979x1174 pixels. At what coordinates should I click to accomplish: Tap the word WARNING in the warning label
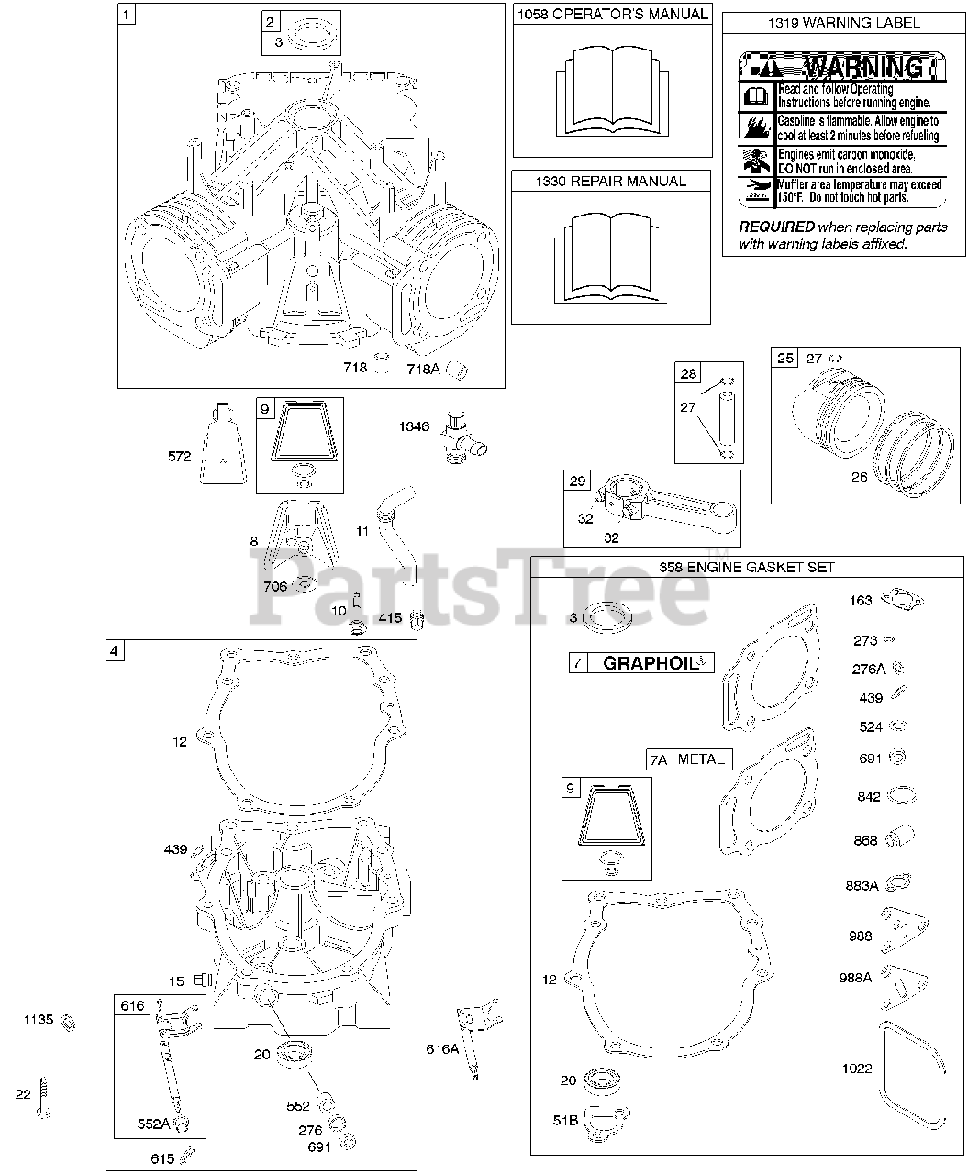click(863, 67)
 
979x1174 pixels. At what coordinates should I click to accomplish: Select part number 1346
click(414, 426)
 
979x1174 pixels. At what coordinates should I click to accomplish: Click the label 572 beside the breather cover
click(180, 456)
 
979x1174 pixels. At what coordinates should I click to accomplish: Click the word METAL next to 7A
click(702, 759)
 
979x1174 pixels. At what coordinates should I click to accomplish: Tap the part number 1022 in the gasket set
click(857, 1069)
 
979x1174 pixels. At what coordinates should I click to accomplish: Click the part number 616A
click(442, 1048)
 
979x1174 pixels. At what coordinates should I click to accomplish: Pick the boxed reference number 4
click(114, 651)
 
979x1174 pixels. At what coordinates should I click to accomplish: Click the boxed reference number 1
click(127, 14)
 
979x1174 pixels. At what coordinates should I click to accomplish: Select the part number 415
click(390, 618)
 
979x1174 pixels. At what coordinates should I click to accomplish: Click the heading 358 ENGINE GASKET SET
click(747, 567)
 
